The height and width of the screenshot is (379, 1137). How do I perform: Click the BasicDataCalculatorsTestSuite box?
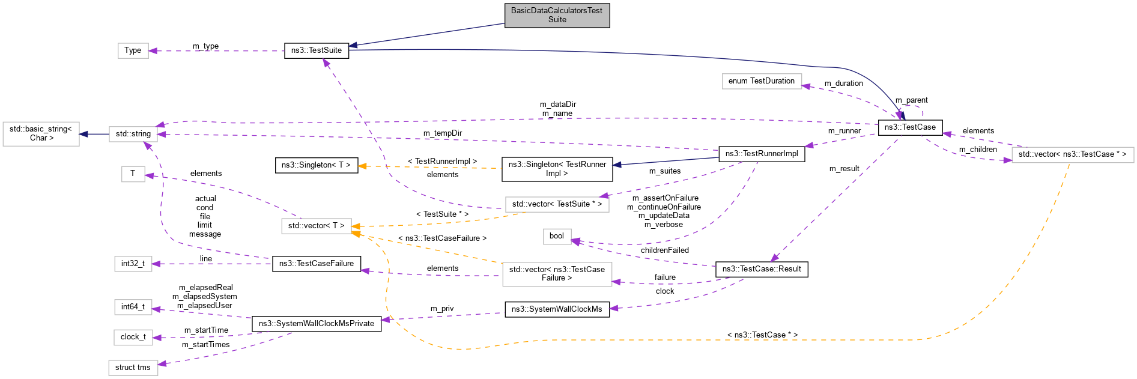[x=557, y=15]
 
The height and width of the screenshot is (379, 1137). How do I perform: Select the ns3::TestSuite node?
[x=316, y=50]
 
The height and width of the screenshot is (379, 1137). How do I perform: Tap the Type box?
[x=133, y=50]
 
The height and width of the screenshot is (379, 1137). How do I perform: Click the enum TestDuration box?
[x=761, y=81]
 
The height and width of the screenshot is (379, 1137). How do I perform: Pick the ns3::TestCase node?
[x=909, y=127]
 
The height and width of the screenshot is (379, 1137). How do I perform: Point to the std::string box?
[x=133, y=134]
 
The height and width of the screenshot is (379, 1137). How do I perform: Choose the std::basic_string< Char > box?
[x=41, y=134]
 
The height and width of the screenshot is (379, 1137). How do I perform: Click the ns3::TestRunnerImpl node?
[x=761, y=154]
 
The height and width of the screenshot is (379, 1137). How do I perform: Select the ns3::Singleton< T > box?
[x=316, y=165]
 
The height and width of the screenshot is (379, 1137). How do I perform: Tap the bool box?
[x=556, y=236]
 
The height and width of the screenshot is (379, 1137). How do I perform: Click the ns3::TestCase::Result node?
[x=761, y=269]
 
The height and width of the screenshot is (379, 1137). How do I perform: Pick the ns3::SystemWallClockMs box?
[x=556, y=309]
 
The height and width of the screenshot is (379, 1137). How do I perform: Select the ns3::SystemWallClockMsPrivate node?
[x=316, y=324]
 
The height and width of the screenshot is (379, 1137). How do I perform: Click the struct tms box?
[x=133, y=368]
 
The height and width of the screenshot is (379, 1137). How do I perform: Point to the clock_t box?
[x=133, y=337]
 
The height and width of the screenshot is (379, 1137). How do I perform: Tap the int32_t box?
[x=133, y=264]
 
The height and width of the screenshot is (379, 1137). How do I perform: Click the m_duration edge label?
[x=843, y=83]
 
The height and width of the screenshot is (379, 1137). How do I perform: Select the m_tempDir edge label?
[x=442, y=133]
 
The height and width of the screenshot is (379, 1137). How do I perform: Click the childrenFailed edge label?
[x=664, y=250]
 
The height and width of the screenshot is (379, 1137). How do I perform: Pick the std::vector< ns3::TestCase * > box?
[x=1072, y=154]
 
